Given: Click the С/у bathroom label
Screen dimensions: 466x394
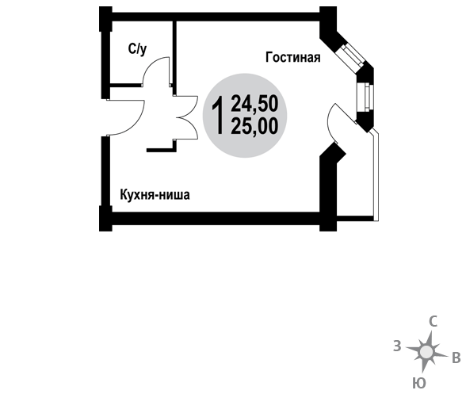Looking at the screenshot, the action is click(x=137, y=49).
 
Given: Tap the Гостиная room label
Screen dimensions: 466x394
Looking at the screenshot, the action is click(x=292, y=57).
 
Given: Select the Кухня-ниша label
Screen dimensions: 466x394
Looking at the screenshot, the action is click(x=155, y=195).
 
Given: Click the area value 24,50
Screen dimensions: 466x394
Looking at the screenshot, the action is click(x=254, y=104).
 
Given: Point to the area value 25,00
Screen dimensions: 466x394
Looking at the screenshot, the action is click(x=254, y=126).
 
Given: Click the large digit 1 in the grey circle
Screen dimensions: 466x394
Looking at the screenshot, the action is click(x=217, y=115).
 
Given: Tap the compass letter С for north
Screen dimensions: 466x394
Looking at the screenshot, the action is click(x=434, y=321).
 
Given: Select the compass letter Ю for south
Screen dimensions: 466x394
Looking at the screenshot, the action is click(x=419, y=383).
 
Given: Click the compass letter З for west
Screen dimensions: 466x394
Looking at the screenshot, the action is click(x=397, y=346).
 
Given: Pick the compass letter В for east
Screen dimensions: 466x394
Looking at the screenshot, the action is click(x=456, y=358).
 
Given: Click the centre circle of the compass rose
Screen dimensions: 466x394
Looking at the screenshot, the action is click(x=426, y=352).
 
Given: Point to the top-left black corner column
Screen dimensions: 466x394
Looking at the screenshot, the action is click(x=105, y=18).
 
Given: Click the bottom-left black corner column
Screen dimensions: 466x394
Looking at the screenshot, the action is click(x=105, y=219).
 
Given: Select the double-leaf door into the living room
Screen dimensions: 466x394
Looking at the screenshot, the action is click(x=187, y=117).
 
